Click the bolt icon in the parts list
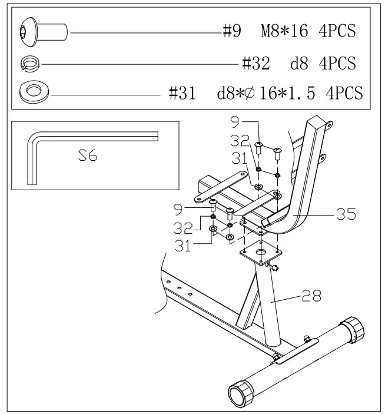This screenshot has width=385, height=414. [44, 30]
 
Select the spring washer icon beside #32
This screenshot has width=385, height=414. [29, 62]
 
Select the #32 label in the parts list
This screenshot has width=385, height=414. [256, 62]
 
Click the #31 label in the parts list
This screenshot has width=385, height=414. [182, 93]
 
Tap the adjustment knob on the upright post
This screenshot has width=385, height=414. [276, 269]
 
